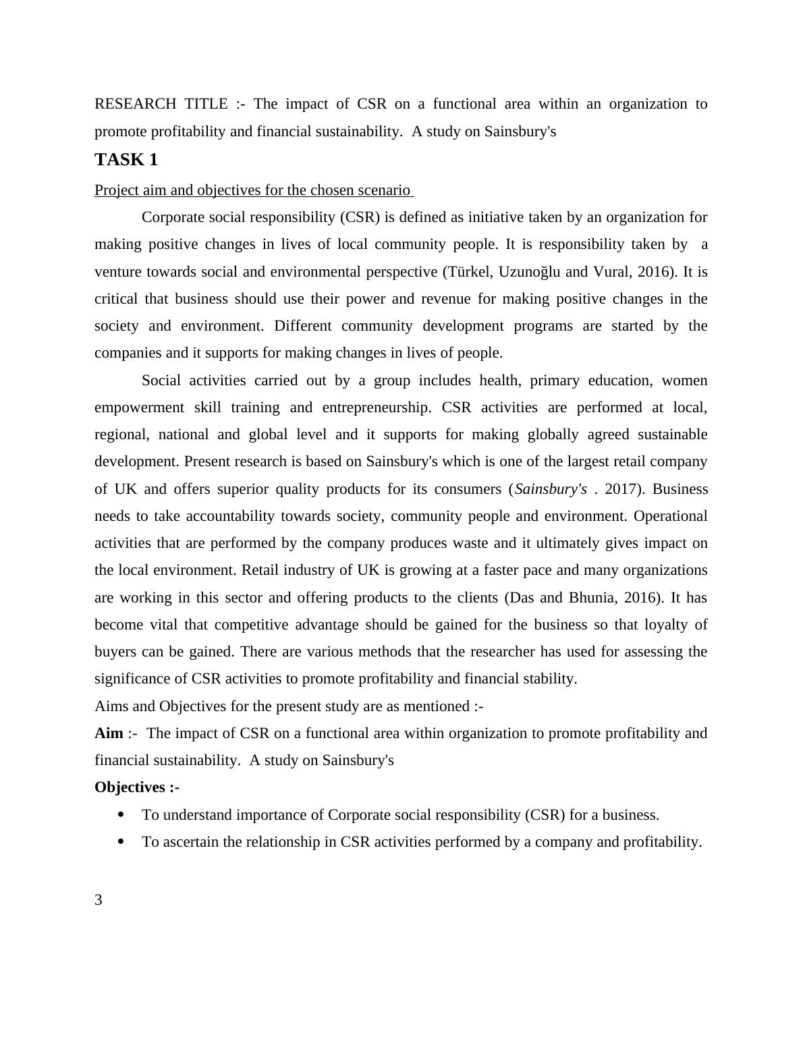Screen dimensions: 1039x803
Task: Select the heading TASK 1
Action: [x=126, y=160]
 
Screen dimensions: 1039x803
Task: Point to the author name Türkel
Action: [x=464, y=272]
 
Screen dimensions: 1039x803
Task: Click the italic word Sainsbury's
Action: [x=551, y=489]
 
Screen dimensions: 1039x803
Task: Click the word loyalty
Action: [x=656, y=625]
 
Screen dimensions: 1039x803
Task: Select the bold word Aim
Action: [x=109, y=733]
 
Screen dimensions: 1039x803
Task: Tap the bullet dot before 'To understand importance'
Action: [x=121, y=815]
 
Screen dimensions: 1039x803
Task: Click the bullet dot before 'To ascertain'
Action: [x=121, y=842]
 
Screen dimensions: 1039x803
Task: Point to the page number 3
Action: [x=99, y=900]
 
